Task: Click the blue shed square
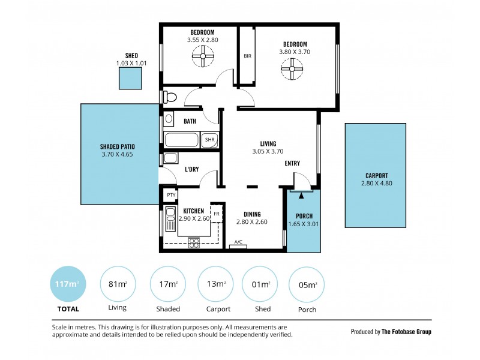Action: coord(130,79)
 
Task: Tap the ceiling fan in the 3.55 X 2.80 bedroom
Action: coord(202,59)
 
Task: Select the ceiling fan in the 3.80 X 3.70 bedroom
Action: coord(292,71)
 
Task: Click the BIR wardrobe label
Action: coord(247,56)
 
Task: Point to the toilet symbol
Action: coord(170,97)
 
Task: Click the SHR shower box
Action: coord(209,140)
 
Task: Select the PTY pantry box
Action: coord(171,194)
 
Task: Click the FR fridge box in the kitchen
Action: coord(217,214)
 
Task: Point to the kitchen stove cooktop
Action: coord(194,242)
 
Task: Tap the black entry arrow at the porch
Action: coord(301,194)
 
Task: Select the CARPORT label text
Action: coord(377,176)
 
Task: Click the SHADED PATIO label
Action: coord(118,146)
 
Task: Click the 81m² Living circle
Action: coord(117,284)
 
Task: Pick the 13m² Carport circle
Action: coord(217,284)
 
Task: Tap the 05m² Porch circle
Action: coord(307,284)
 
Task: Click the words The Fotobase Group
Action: coord(406,331)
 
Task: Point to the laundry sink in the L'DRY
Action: coord(170,158)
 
